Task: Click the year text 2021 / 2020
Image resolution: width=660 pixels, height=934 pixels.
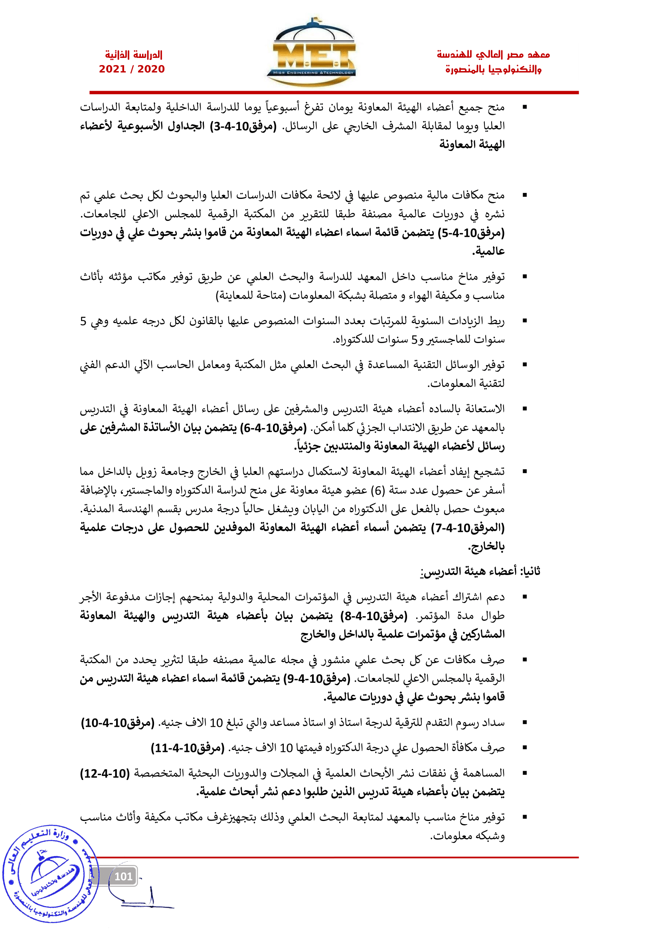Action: pos(132,69)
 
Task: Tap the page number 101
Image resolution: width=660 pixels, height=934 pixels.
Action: pos(123,876)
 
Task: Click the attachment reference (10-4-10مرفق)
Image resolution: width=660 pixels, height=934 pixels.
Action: pos(118,723)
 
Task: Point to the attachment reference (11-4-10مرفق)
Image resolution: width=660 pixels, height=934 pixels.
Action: pos(188,748)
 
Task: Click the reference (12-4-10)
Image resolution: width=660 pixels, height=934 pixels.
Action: pos(105,773)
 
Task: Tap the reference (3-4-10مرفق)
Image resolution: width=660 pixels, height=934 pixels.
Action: pos(243,127)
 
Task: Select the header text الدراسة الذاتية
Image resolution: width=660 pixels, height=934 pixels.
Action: pos(134,55)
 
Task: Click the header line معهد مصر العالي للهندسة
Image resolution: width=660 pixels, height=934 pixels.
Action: pos(493,55)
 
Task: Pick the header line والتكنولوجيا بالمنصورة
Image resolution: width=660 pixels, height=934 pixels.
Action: pos(493,69)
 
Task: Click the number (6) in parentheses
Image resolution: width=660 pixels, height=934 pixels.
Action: pos(377,491)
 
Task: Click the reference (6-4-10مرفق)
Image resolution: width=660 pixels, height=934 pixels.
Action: pos(273,428)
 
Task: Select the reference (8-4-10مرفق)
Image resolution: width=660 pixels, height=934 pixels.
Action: pos(374,616)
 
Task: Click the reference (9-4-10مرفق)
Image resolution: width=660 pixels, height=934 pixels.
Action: pos(316,678)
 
